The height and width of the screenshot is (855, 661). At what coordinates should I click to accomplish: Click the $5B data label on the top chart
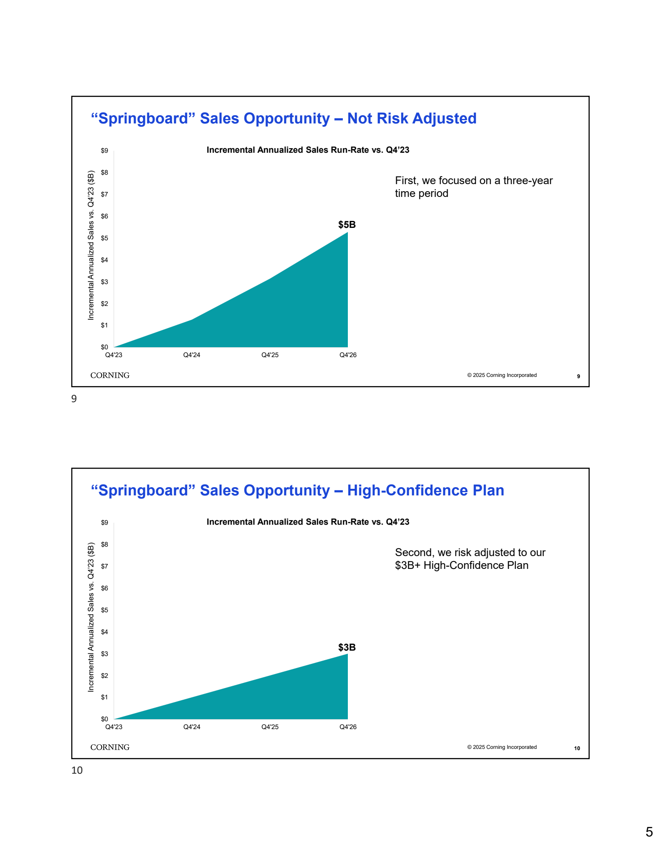(x=347, y=225)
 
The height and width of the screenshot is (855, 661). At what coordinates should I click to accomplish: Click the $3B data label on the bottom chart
(x=347, y=647)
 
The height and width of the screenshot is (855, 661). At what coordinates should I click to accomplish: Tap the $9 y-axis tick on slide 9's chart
(x=105, y=151)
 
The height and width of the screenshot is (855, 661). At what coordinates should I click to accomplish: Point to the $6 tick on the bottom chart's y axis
(x=105, y=588)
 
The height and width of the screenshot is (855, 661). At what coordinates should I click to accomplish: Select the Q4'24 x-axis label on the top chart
(x=192, y=355)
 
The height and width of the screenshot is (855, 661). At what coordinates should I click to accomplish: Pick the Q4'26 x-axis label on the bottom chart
(x=348, y=727)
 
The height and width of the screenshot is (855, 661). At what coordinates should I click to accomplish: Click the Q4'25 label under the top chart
(x=270, y=355)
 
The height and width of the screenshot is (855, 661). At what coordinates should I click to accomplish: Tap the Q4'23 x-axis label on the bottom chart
(x=114, y=727)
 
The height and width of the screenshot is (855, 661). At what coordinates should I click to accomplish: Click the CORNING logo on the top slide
(x=110, y=375)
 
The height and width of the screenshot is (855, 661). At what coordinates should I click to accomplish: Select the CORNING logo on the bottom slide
(x=110, y=747)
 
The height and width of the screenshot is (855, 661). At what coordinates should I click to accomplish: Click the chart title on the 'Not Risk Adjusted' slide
(x=308, y=150)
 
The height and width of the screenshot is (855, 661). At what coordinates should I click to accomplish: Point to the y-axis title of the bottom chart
(x=91, y=617)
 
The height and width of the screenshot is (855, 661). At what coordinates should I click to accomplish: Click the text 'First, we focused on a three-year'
(x=473, y=180)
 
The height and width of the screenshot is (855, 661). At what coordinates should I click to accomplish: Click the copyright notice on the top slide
(x=502, y=375)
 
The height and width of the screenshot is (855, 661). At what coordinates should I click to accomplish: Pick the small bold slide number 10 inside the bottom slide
(x=577, y=748)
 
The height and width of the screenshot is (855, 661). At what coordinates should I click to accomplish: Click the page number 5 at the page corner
(x=649, y=832)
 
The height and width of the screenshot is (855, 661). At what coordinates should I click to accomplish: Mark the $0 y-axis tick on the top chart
(x=105, y=347)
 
